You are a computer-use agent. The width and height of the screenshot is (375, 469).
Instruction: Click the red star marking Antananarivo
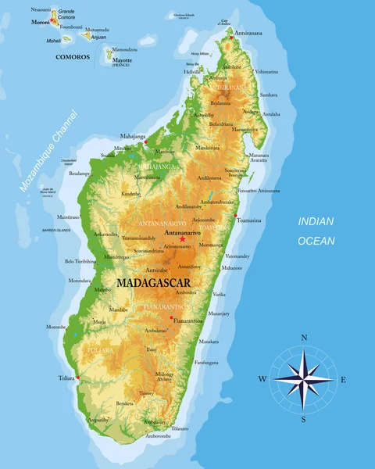[183, 239]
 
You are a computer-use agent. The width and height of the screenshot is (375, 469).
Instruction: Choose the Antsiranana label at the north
[249, 34]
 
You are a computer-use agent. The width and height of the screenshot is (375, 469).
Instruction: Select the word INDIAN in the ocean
[315, 222]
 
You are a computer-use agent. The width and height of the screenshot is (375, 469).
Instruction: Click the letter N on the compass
[304, 338]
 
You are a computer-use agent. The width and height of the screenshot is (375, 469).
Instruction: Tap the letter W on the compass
[263, 379]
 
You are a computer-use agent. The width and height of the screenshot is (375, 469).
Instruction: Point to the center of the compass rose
[304, 379]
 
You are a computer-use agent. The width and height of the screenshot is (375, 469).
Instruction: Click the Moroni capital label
[40, 22]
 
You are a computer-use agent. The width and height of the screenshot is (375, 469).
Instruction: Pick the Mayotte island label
[122, 59]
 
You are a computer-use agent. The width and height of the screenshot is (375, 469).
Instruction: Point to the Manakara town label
[208, 342]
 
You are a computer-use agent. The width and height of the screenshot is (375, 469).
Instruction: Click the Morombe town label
[56, 327]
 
